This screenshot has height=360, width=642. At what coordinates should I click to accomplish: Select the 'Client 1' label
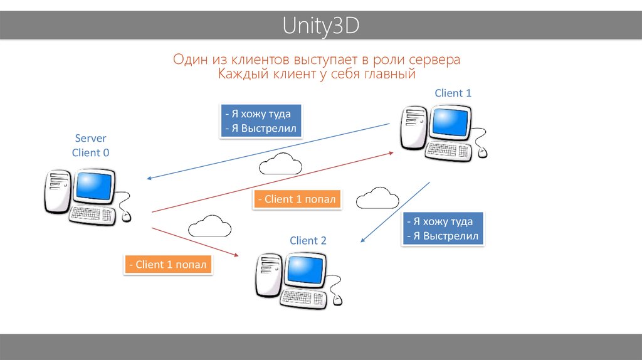point(453,93)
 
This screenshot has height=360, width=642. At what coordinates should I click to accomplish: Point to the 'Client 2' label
point(308,240)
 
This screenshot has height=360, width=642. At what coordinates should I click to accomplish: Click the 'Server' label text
point(91,138)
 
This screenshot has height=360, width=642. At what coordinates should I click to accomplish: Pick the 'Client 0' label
point(91,152)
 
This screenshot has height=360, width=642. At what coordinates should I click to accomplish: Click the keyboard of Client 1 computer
point(450,151)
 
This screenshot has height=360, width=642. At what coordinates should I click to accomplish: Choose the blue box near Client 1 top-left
point(262,121)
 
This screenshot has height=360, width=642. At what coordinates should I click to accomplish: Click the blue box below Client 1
point(443,229)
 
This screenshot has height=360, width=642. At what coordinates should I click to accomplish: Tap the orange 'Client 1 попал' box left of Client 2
point(168,264)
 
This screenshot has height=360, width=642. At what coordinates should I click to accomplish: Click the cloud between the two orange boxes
point(209,225)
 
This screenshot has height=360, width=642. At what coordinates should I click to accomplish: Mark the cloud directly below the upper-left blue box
point(280,164)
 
